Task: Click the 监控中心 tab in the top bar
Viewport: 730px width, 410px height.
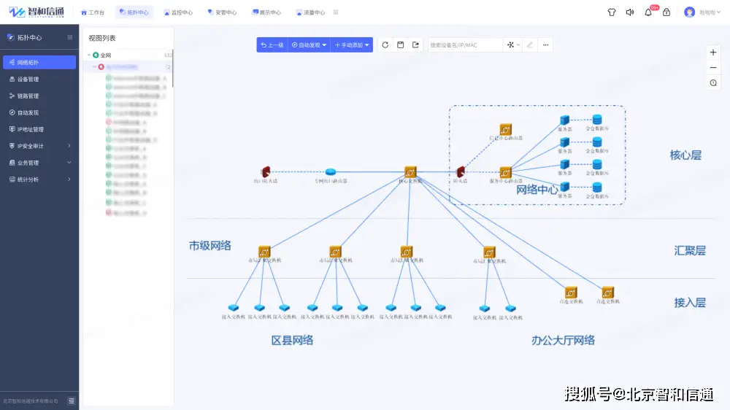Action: pyautogui.click(x=178, y=12)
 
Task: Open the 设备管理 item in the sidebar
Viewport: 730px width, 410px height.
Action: pyautogui.click(x=28, y=79)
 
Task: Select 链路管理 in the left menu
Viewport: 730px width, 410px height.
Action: pyautogui.click(x=28, y=96)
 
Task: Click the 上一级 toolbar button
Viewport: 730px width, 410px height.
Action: pyautogui.click(x=272, y=45)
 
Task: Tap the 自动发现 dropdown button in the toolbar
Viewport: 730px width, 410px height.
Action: pyautogui.click(x=310, y=45)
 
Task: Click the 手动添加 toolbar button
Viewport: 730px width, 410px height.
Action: pyautogui.click(x=352, y=45)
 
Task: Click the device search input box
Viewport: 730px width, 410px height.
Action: pyautogui.click(x=464, y=45)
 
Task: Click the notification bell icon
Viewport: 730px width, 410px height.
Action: pyautogui.click(x=648, y=12)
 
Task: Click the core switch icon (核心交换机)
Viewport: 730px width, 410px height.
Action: pyautogui.click(x=410, y=171)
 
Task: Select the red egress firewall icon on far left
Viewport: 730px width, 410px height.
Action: pyautogui.click(x=266, y=172)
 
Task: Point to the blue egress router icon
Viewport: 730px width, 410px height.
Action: pyautogui.click(x=331, y=172)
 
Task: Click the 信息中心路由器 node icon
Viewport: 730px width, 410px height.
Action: pyautogui.click(x=505, y=129)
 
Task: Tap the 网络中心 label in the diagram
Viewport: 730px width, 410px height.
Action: pyautogui.click(x=537, y=190)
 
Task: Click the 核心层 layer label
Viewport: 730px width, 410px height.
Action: pyautogui.click(x=685, y=155)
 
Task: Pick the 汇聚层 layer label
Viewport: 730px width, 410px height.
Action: pyautogui.click(x=690, y=250)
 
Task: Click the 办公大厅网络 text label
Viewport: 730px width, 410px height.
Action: pyautogui.click(x=563, y=340)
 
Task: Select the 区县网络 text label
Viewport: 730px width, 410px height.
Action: pyautogui.click(x=292, y=340)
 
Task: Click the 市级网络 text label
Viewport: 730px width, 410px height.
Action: pyautogui.click(x=210, y=246)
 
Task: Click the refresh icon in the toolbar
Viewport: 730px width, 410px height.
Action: pyautogui.click(x=385, y=45)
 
